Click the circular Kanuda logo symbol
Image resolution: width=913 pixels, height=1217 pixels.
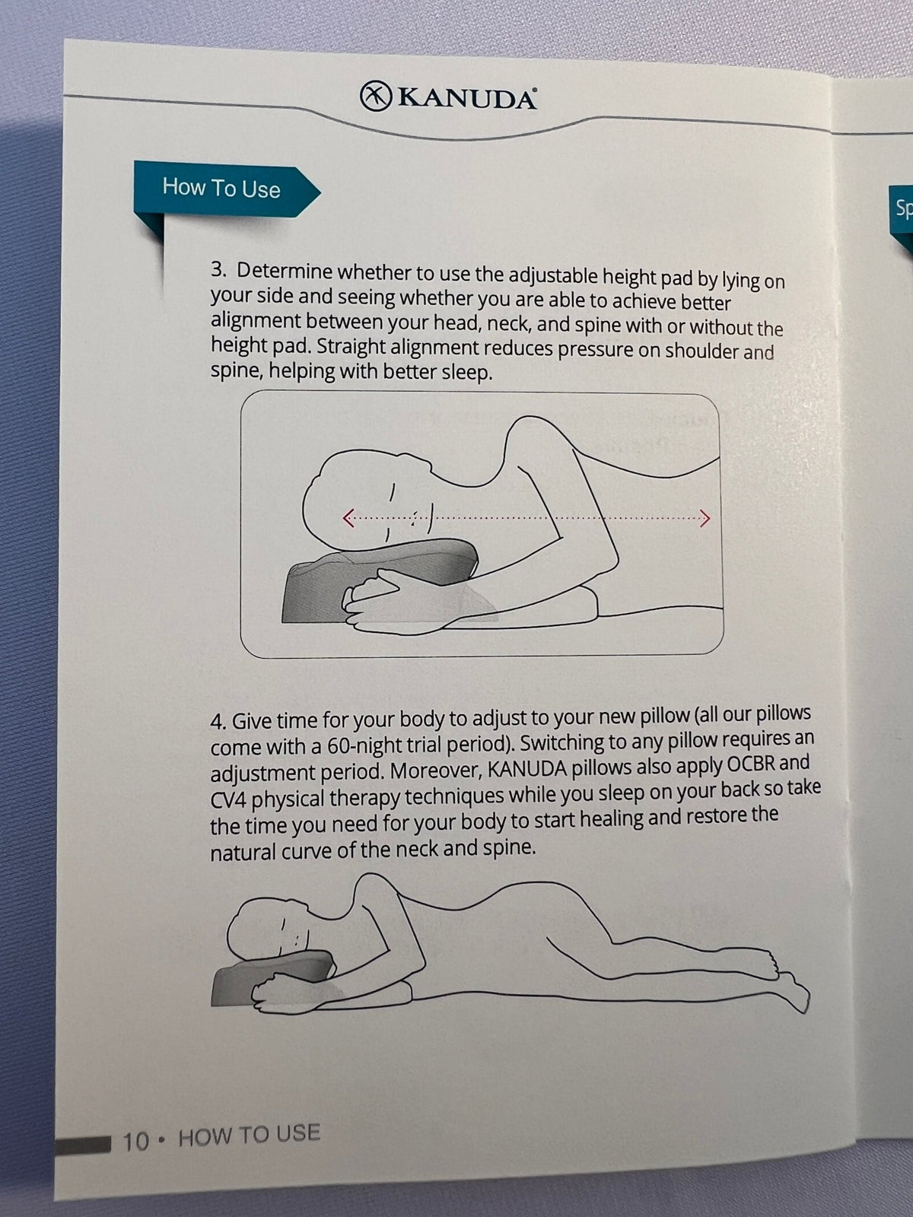point(375,96)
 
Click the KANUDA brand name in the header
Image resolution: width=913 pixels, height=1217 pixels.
point(466,99)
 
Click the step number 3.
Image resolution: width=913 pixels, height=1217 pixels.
point(218,270)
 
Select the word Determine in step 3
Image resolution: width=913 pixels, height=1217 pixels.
point(285,271)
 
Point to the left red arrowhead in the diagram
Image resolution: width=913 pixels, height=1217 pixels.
point(348,518)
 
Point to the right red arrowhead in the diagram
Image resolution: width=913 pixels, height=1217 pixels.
point(705,519)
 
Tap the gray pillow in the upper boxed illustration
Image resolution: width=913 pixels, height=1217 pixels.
point(383,580)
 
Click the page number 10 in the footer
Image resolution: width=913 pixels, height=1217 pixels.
point(136,1142)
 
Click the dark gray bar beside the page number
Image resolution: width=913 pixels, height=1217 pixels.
point(83,1145)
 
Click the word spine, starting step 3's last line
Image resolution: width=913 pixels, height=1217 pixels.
point(236,371)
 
